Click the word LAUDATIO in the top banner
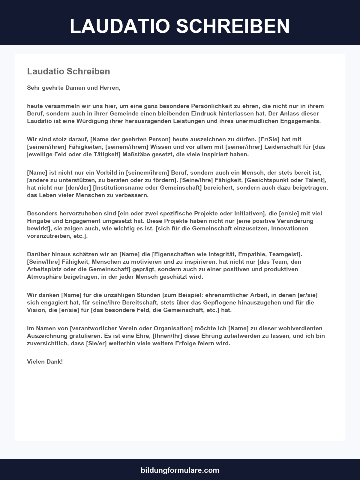coord(120,26)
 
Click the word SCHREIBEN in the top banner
coord(233,26)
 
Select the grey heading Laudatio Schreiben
coord(68,71)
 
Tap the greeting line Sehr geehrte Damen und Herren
coord(73,88)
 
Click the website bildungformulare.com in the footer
coord(180,470)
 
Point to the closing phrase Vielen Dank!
coord(45,361)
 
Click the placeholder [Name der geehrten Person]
coord(130,139)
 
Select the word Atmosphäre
coord(44,277)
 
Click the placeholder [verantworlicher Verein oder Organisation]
coord(131,328)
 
